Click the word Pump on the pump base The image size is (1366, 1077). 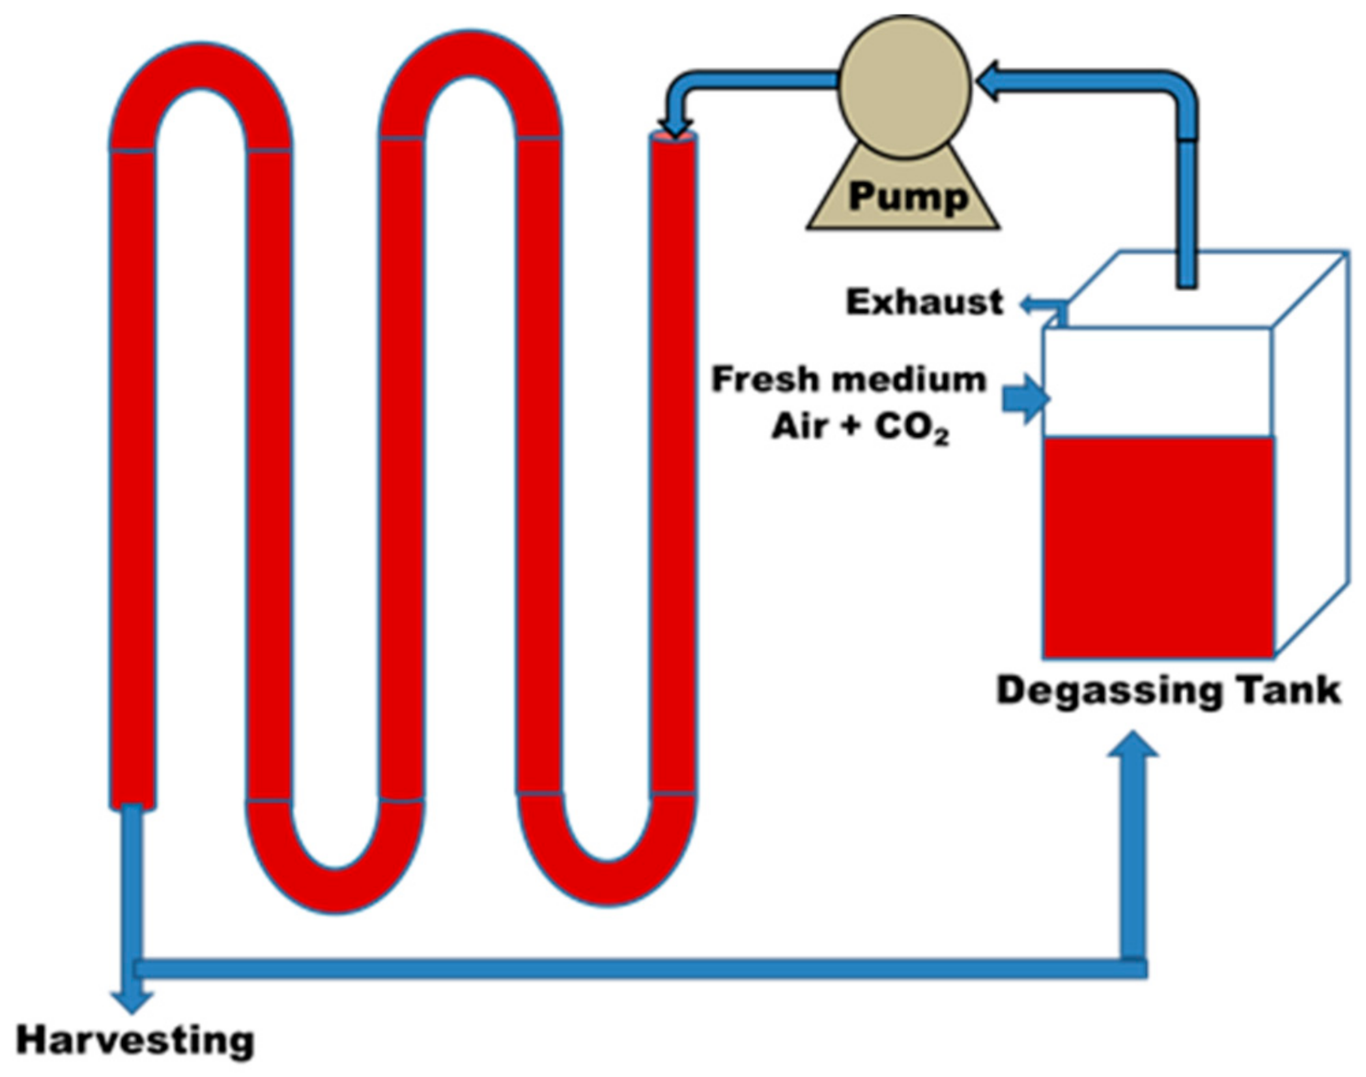[x=908, y=197]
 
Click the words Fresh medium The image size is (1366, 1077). [x=849, y=379]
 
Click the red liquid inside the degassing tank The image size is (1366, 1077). [x=1158, y=546]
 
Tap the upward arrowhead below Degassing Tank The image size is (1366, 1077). [x=1133, y=747]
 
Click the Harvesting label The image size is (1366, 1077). [x=134, y=1042]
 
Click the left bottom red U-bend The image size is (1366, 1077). [x=335, y=887]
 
